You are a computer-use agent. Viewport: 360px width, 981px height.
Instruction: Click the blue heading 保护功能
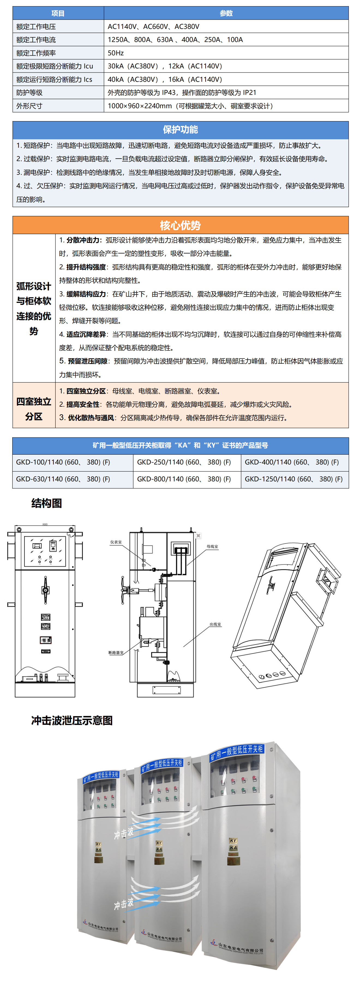180,129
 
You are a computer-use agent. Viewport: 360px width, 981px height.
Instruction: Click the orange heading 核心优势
180,225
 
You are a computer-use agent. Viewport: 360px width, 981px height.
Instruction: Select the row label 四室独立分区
34,409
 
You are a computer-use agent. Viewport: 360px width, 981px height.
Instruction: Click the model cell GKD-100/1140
63,462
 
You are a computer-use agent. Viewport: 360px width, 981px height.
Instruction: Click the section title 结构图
46,503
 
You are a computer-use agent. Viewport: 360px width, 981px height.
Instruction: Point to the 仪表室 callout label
116,542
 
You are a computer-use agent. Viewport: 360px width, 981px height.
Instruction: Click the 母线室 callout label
212,547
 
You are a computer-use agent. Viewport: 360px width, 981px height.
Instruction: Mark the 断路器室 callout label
116,653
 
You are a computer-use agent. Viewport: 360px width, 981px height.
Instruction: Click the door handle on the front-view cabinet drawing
45,590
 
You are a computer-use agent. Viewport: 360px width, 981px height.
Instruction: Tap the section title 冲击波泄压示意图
72,720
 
